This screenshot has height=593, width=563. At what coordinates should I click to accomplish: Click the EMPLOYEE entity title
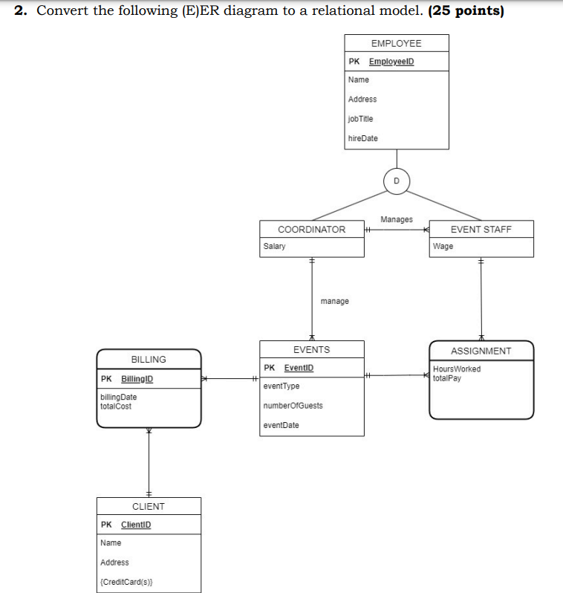[x=396, y=44]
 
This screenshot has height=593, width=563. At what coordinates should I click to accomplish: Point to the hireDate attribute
[x=363, y=138]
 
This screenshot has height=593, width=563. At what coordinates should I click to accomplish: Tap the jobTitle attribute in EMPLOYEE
[x=361, y=119]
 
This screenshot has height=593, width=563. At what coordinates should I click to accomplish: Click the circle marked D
[x=396, y=181]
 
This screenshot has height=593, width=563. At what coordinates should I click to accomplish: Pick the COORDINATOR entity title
[x=311, y=230]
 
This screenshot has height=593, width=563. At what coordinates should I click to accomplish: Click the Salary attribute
[x=274, y=246]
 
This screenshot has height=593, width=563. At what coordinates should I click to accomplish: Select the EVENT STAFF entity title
[x=481, y=230]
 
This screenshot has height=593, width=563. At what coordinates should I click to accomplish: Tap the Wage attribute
[x=443, y=246]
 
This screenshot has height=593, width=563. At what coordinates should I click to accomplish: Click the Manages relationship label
[x=396, y=219]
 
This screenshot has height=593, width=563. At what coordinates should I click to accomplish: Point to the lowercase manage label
[x=334, y=301]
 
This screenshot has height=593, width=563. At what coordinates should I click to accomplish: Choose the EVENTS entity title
[x=311, y=349]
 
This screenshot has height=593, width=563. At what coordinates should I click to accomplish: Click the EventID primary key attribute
[x=299, y=368]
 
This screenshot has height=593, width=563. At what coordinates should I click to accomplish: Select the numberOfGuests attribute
[x=293, y=406]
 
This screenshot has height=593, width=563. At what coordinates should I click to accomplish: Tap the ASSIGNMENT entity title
[x=481, y=351]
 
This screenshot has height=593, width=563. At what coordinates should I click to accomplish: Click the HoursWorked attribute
[x=457, y=369]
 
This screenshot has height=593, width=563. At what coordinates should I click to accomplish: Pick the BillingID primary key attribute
[x=137, y=379]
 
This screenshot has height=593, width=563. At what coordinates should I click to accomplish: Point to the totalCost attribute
[x=116, y=406]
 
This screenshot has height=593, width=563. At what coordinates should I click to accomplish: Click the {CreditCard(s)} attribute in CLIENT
[x=126, y=582]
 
